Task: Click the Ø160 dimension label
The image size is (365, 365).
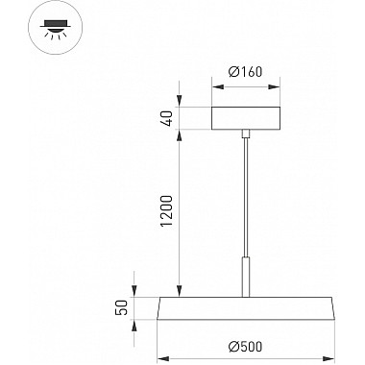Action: pos(245,72)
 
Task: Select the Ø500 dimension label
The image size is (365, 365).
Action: pos(246,346)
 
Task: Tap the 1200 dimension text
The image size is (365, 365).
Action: pos(166,210)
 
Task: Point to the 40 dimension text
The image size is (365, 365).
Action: pos(167,118)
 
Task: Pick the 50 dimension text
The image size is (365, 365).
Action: pos(122,307)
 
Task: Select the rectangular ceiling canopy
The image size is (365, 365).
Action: pos(246,118)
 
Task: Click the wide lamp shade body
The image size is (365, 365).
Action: pos(246,308)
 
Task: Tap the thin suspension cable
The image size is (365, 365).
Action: pos(246,197)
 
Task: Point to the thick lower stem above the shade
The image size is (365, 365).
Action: pos(246,277)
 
